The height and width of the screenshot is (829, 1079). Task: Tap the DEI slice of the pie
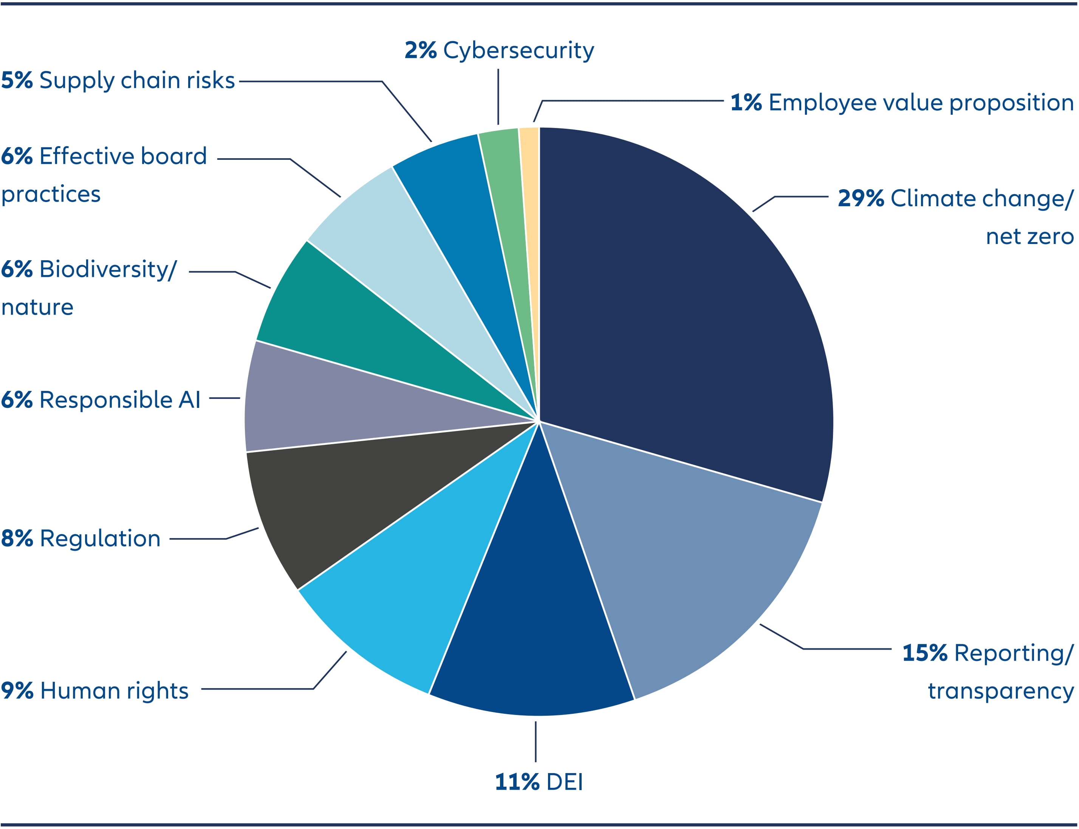click(x=533, y=617)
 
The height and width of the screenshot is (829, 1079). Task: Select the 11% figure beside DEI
click(x=517, y=783)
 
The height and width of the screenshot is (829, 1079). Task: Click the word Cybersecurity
click(x=519, y=50)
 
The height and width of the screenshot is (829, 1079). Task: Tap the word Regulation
click(x=100, y=538)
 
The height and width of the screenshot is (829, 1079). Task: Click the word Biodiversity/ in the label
click(x=108, y=269)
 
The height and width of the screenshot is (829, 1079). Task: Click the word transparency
click(x=1000, y=691)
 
